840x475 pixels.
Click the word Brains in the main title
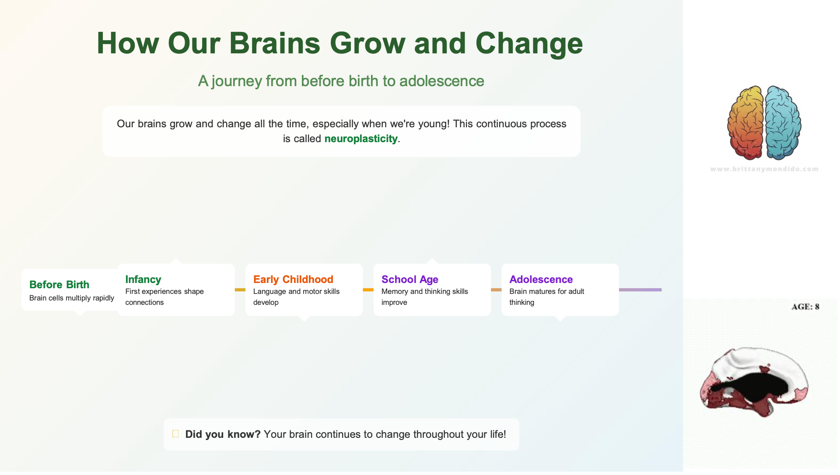tap(275, 43)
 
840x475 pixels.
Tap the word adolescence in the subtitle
tap(441, 81)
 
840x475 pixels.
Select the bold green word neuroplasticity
tap(361, 139)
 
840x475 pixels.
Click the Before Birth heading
tap(59, 285)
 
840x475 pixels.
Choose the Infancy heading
tap(143, 279)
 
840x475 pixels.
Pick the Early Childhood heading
tap(293, 279)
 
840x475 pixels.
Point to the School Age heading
tap(410, 279)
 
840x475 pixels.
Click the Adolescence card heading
tap(541, 279)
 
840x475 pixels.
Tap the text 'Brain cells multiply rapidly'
tap(72, 298)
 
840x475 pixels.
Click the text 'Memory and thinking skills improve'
tap(424, 297)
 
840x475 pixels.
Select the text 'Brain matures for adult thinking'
tap(546, 297)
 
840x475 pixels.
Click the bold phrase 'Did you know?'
tap(223, 434)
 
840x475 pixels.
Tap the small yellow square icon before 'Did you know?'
tap(175, 434)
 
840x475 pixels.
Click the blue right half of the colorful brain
tap(783, 122)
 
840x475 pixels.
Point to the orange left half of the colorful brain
tap(745, 122)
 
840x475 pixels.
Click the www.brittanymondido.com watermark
tap(764, 169)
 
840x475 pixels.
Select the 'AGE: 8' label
tap(805, 307)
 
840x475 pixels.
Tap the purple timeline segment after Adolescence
tap(640, 290)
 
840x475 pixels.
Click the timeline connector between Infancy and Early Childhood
tap(240, 290)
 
